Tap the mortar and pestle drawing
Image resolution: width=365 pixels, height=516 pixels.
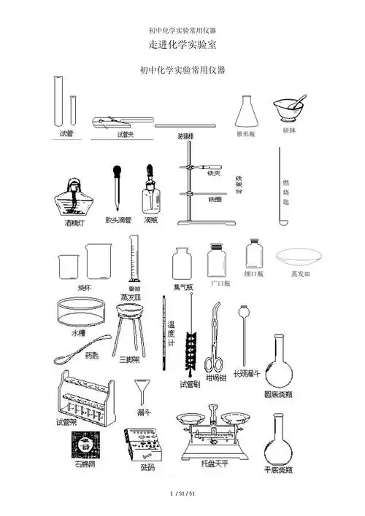pos(289,112)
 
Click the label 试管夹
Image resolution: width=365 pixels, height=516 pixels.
pos(126,134)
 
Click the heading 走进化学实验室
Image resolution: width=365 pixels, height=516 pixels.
pos(182,45)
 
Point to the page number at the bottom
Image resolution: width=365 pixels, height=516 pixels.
pos(182,495)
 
